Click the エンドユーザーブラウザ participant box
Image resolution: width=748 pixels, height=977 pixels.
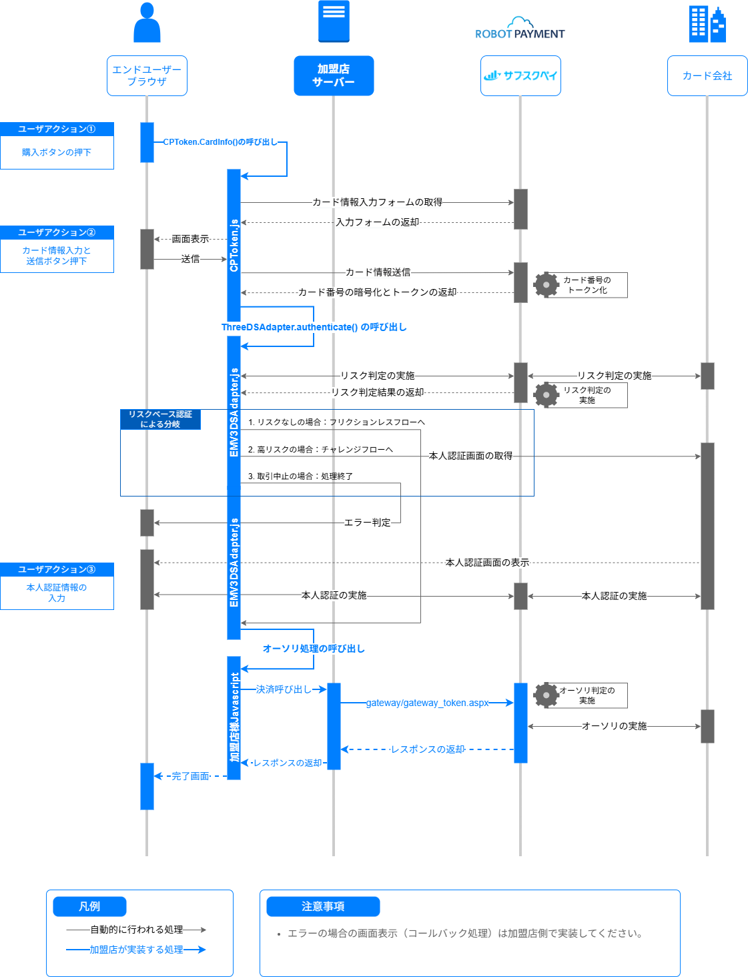[x=147, y=75]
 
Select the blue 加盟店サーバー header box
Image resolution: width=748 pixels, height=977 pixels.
[x=334, y=75]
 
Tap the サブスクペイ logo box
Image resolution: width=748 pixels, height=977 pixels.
[x=520, y=75]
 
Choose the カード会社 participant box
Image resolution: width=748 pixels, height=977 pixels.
[x=707, y=75]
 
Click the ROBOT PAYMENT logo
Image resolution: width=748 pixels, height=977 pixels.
[x=520, y=29]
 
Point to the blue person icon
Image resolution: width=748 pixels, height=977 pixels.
[x=147, y=23]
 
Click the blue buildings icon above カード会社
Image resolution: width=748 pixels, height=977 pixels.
[x=707, y=24]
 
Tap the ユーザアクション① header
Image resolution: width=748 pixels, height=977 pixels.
[x=57, y=129]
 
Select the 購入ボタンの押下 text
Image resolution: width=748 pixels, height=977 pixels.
[x=57, y=152]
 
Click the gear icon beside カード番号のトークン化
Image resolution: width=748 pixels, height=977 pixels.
[x=546, y=285]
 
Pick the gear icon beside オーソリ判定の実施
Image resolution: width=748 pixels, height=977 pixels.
[x=546, y=695]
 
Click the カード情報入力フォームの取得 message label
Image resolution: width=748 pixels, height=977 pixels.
[x=377, y=202]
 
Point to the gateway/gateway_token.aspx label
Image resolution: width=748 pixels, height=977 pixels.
[x=427, y=703]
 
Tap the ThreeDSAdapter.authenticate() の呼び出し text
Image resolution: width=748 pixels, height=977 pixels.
[x=314, y=327]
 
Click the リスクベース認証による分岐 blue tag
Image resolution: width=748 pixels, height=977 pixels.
[x=160, y=419]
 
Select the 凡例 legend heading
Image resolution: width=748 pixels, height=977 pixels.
[x=89, y=906]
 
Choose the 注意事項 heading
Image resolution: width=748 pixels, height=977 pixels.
[x=323, y=906]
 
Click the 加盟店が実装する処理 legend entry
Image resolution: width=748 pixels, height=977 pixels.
[x=136, y=950]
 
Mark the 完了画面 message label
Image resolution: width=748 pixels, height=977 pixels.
[x=190, y=776]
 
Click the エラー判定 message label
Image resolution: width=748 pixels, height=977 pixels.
[x=367, y=523]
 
